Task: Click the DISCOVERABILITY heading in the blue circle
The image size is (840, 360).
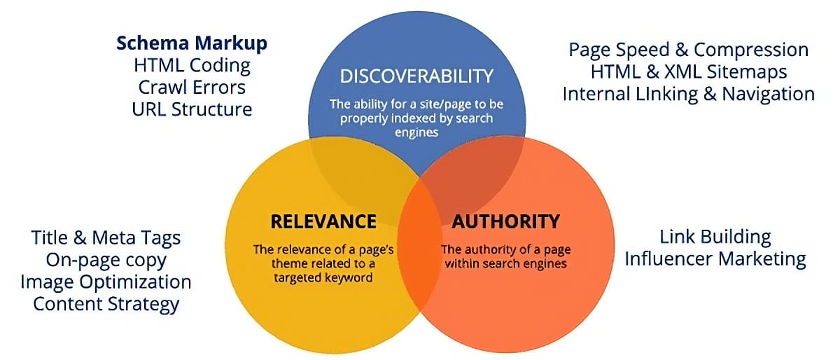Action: tap(416, 76)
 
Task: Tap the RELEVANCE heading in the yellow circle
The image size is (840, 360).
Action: tap(323, 221)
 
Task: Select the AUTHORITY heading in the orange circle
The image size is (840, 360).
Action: tap(505, 221)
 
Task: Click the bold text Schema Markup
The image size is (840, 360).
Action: tap(192, 43)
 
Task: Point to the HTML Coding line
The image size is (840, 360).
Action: tap(192, 66)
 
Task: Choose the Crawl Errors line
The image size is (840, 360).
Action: tap(192, 88)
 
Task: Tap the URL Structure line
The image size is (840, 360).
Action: tap(192, 109)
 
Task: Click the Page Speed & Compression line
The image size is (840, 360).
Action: tap(688, 50)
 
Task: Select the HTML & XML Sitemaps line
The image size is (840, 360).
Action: tap(688, 71)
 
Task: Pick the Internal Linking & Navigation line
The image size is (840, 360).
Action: tap(688, 94)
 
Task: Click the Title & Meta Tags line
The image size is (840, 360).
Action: tap(106, 237)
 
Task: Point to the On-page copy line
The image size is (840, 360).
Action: tap(106, 260)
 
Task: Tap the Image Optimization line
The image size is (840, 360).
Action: tap(106, 282)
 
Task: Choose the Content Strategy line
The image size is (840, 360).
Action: tap(106, 304)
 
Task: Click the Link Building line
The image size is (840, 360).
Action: tap(715, 237)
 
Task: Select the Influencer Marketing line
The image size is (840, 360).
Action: tap(715, 258)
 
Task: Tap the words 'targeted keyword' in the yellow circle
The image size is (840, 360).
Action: tap(323, 278)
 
